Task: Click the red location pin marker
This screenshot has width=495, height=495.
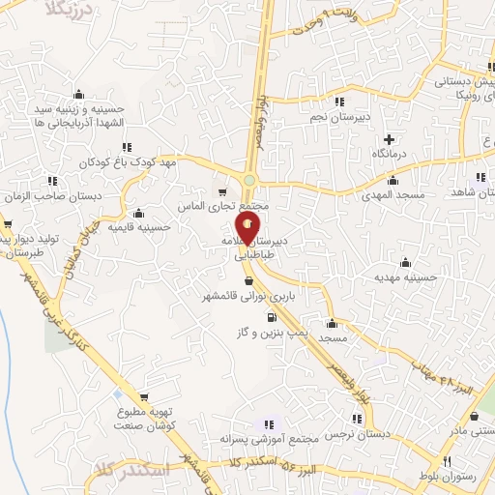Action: coord(248,229)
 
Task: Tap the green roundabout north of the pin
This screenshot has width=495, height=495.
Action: coord(249,180)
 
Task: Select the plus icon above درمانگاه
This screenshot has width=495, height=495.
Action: coord(389,139)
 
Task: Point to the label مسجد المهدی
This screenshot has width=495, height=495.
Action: coord(395,195)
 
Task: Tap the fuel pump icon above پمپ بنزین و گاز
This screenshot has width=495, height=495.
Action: coord(271,317)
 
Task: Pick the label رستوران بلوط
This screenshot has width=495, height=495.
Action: coord(445,479)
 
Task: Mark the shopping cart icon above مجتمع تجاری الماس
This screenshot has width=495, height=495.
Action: coord(223,191)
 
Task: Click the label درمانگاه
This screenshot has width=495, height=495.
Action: coord(390,155)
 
